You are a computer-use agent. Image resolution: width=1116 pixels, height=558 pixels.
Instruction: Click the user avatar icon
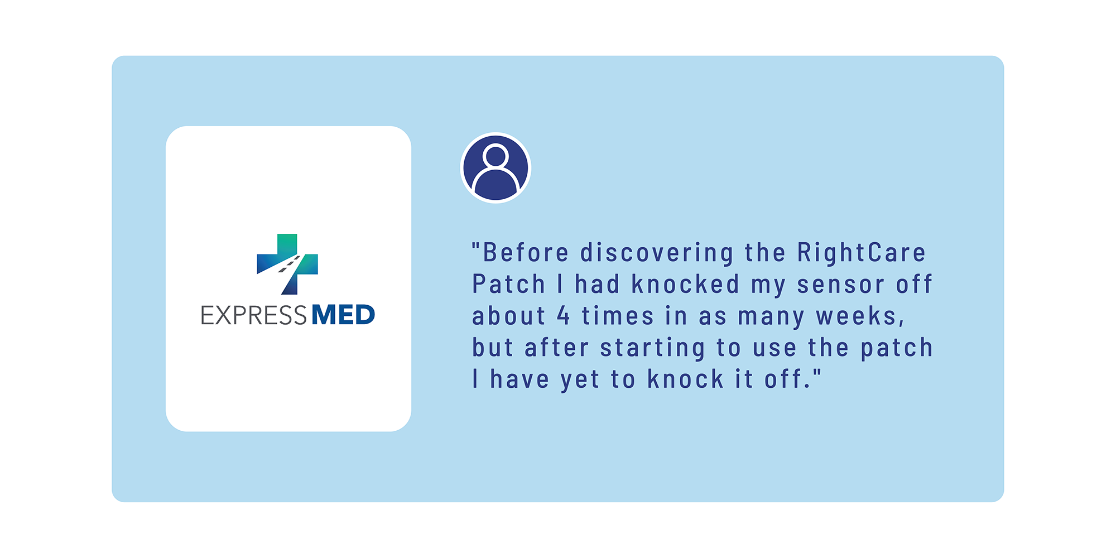click(496, 167)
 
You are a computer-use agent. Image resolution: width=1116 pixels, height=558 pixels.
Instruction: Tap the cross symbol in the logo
click(287, 264)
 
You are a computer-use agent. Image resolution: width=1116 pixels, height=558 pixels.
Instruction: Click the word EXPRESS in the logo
click(254, 315)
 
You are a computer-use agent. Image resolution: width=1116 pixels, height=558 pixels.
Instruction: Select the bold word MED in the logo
click(343, 315)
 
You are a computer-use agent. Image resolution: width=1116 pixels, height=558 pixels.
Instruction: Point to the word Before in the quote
click(526, 252)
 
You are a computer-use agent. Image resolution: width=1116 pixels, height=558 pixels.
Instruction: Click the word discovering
click(657, 253)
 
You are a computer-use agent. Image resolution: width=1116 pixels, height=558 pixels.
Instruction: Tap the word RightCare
click(861, 253)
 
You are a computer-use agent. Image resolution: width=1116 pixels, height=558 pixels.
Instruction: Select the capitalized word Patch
click(508, 284)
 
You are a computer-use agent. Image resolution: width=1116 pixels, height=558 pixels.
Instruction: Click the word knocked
click(685, 284)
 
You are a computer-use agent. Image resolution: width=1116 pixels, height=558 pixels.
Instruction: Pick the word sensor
click(840, 285)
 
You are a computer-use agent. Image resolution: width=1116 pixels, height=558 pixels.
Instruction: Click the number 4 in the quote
click(563, 316)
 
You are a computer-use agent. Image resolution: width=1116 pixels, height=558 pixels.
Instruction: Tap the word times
click(617, 316)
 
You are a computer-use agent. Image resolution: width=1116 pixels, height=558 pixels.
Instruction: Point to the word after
click(557, 348)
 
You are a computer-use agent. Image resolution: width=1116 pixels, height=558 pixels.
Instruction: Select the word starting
click(652, 349)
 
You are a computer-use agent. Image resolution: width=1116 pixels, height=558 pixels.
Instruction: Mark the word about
click(508, 316)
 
